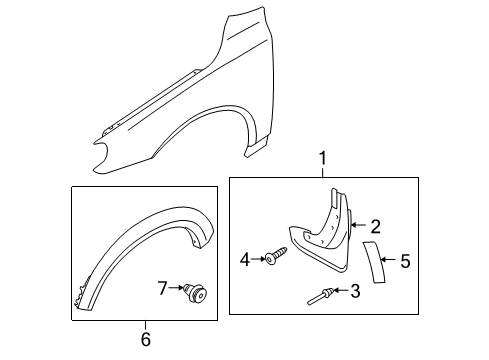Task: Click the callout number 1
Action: point(322,157)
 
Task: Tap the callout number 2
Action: point(375,226)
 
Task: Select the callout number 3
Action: point(355,291)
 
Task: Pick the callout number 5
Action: point(405,262)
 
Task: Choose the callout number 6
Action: point(145,340)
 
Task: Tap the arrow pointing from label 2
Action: point(361,227)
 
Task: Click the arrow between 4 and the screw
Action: point(258,259)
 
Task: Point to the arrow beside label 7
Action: point(178,289)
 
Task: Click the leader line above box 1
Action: point(322,171)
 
